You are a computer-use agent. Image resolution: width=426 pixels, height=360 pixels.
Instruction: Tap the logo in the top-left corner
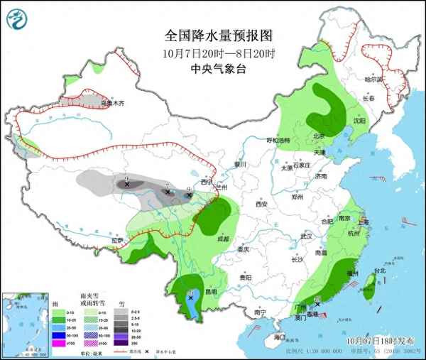coord(16,18)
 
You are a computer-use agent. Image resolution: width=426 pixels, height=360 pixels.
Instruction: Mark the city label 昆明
coord(210,291)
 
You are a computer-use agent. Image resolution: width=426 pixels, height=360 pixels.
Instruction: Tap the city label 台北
coord(380,271)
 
